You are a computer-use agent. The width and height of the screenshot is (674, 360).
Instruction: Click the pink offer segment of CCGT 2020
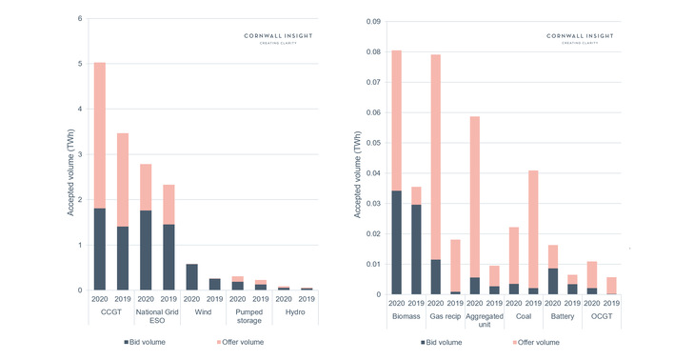point(99,134)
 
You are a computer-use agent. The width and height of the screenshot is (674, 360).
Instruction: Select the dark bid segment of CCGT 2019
point(122,258)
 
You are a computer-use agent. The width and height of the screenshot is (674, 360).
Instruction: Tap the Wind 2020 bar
point(191,277)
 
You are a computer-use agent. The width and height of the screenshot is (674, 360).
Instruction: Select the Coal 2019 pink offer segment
point(532,229)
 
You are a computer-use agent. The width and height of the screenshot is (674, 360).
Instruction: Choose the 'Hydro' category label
point(294,310)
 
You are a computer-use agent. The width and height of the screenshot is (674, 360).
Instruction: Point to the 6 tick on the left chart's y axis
point(80,19)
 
